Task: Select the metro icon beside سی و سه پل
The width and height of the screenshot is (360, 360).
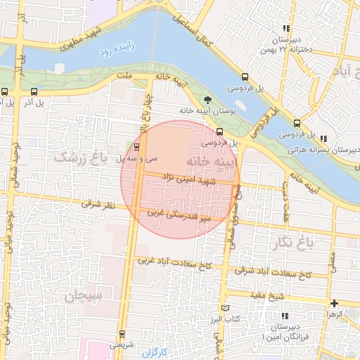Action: pos(136,147)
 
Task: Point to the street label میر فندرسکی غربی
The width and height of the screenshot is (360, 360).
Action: pos(179,214)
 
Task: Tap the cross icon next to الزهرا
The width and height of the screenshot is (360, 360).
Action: pos(334,303)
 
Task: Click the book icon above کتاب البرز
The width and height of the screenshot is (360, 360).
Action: pos(225,308)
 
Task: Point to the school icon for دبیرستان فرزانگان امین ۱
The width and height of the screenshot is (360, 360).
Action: pos(283,316)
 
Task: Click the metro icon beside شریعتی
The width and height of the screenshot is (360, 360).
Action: pos(123,333)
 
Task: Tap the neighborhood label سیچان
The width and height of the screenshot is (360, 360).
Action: pos(84,296)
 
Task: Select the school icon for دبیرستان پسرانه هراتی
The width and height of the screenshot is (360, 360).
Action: pos(323,139)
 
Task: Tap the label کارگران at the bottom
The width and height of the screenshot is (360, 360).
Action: pos(155,351)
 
